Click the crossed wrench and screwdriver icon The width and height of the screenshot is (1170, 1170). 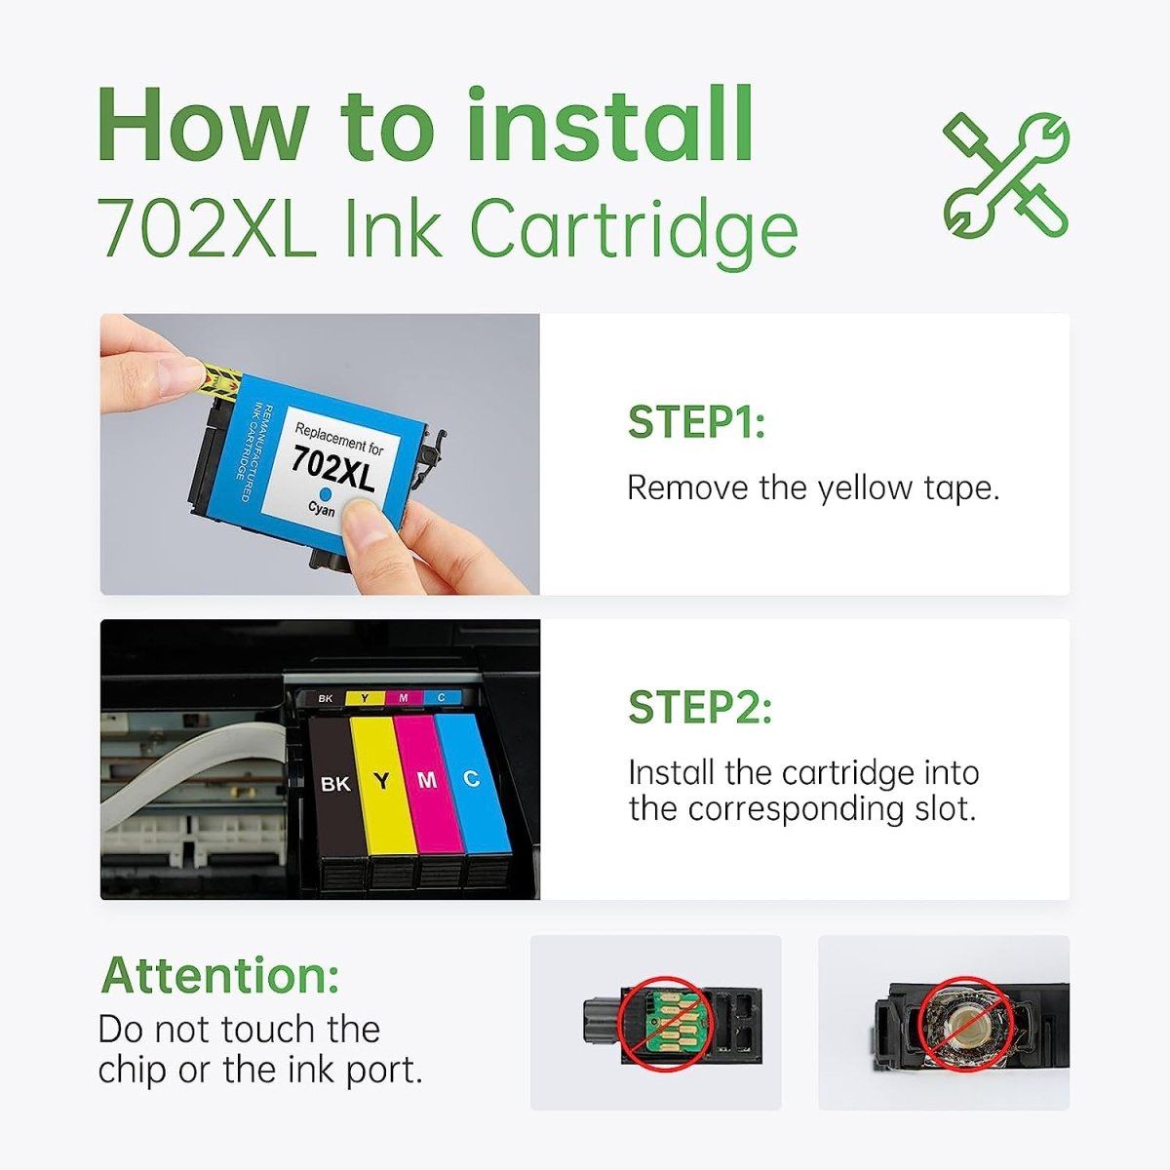[1005, 175]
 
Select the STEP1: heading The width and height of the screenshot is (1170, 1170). [696, 422]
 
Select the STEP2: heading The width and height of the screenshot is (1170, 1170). [699, 707]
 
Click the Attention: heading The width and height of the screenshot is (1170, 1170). [220, 974]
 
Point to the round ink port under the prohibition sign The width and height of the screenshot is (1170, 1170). [966, 1023]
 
